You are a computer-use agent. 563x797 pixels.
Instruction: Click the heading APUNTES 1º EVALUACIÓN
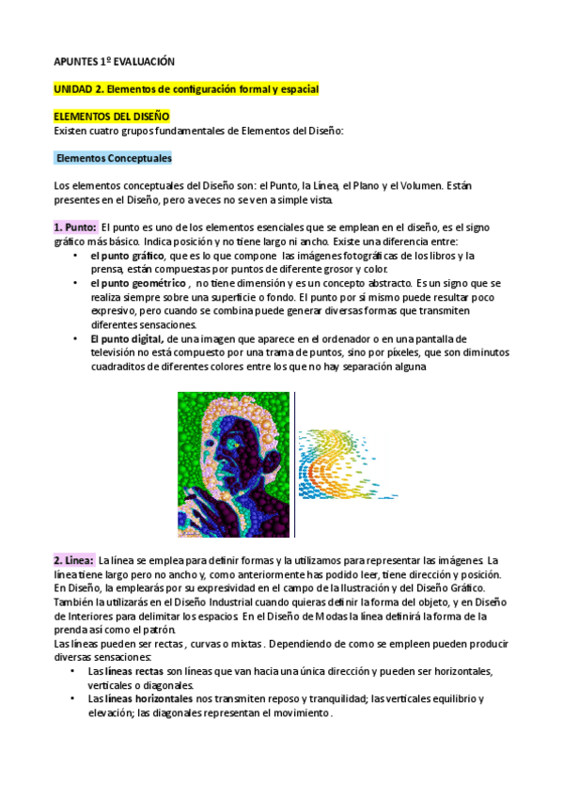pos(114,60)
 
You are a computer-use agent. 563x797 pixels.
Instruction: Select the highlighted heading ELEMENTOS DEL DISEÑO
pos(111,116)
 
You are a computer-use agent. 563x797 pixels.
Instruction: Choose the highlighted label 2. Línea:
pos(73,560)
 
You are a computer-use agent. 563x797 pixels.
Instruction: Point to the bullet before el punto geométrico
pos(74,283)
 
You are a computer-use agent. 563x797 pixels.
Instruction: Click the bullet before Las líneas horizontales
pos(74,698)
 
